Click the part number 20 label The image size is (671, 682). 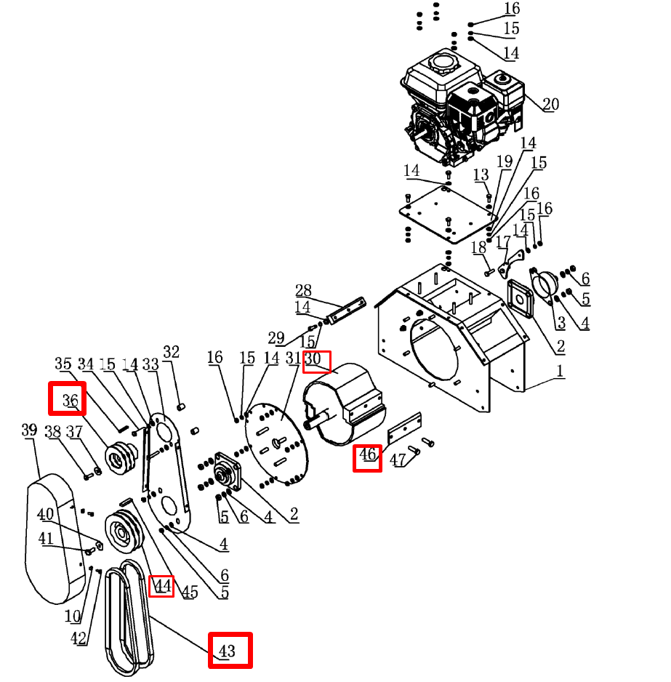pyautogui.click(x=550, y=104)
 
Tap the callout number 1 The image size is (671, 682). pyautogui.click(x=560, y=371)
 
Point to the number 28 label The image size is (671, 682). pyautogui.click(x=303, y=291)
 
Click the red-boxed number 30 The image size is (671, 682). pyautogui.click(x=316, y=361)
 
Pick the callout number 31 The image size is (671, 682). pyautogui.click(x=293, y=358)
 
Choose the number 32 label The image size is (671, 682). pyautogui.click(x=171, y=353)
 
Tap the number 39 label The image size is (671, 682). pyautogui.click(x=29, y=430)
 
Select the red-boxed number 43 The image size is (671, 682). pyautogui.click(x=230, y=650)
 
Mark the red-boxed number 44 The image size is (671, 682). pyautogui.click(x=161, y=586)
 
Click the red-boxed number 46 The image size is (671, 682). pyautogui.click(x=367, y=456)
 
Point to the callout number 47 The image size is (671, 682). pyautogui.click(x=398, y=460)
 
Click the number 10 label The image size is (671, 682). pyautogui.click(x=73, y=617)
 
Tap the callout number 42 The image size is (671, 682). pyautogui.click(x=79, y=639)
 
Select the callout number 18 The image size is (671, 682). pyautogui.click(x=478, y=248)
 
